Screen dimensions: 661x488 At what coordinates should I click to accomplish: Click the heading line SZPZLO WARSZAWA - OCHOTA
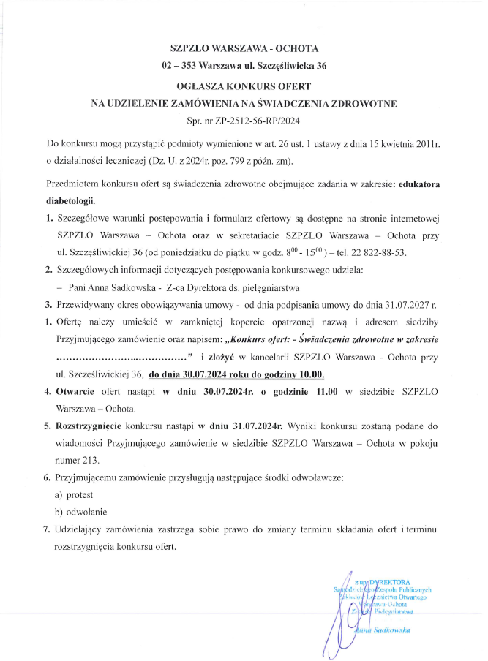coord(244,50)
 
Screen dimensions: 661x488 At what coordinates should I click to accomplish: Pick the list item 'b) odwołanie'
coord(78,513)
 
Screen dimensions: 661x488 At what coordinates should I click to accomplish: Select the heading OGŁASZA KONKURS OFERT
coord(244,86)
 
